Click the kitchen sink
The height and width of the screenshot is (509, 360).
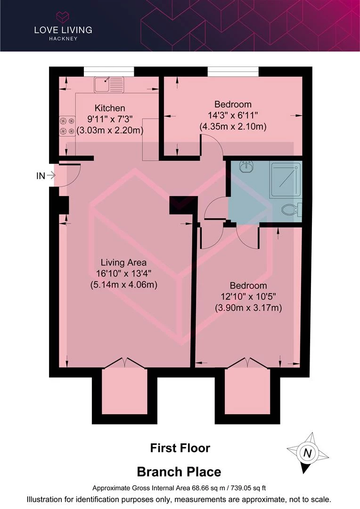point(109,85)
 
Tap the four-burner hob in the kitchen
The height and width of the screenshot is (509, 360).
point(67,126)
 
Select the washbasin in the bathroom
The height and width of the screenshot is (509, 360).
point(246,167)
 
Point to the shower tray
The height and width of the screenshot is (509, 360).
point(286,180)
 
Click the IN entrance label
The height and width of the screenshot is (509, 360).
point(41,176)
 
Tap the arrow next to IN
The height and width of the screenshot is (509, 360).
point(51,176)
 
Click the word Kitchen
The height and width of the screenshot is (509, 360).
point(110,108)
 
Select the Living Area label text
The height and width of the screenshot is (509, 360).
point(123,263)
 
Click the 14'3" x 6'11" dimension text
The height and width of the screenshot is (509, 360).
point(233,115)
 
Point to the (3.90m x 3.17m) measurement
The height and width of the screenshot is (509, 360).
point(248,308)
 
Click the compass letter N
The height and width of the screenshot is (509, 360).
point(307,453)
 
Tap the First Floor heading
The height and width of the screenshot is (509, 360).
point(180,448)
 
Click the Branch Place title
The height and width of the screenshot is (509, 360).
point(179,472)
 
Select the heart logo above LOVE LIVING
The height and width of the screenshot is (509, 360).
point(63,17)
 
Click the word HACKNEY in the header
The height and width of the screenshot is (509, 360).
point(63,39)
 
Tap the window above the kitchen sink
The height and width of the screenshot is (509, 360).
point(109,72)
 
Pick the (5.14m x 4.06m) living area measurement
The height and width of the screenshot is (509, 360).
point(123,285)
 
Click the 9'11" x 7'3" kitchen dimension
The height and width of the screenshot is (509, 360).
point(110,119)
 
